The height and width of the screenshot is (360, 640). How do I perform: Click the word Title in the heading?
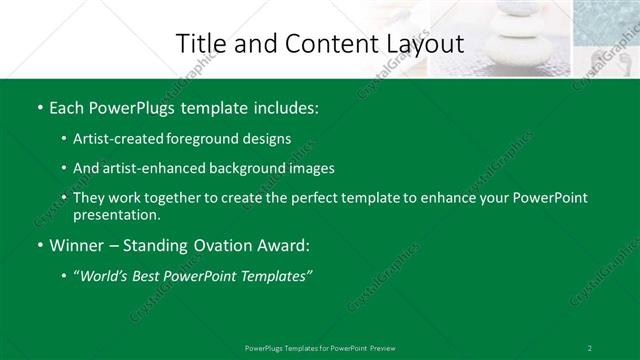(x=198, y=44)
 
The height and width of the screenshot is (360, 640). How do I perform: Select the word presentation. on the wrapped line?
(x=116, y=214)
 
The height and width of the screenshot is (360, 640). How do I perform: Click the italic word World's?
(x=106, y=276)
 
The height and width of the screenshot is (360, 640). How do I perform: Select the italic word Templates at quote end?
(x=273, y=276)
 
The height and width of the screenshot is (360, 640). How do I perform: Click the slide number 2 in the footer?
(x=590, y=348)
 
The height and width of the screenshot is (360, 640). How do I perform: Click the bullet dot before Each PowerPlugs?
(x=39, y=106)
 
